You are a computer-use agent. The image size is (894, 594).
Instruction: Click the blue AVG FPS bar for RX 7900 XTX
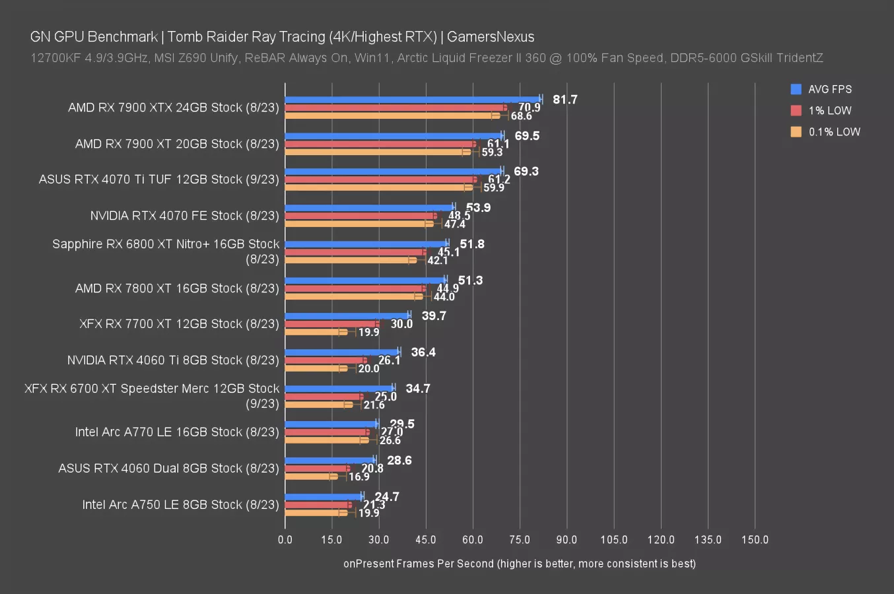pos(413,100)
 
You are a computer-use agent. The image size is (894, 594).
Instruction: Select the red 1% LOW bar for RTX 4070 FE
pos(361,216)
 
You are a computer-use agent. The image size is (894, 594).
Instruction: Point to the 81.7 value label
pos(565,100)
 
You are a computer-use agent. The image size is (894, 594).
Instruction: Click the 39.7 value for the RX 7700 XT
pos(434,316)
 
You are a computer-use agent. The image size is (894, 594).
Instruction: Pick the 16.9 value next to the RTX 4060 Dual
pos(359,477)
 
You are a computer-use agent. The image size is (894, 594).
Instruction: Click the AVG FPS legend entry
pos(829,89)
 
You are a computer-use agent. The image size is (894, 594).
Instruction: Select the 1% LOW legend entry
pos(829,110)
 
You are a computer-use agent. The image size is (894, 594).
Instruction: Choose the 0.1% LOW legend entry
pos(834,131)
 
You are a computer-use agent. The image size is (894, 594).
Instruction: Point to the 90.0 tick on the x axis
pos(567,540)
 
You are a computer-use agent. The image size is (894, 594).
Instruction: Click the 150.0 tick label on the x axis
pos(755,540)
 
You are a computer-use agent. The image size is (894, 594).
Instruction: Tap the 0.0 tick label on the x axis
pos(285,540)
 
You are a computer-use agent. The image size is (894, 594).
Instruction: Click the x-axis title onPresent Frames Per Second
pos(519,564)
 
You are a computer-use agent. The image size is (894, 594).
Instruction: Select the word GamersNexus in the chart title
pos(491,37)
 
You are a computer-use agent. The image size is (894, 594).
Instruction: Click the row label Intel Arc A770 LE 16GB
pos(177,432)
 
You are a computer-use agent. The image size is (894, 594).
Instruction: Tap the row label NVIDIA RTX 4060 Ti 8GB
pos(173,360)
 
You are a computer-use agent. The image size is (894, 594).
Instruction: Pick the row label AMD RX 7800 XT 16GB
pos(177,288)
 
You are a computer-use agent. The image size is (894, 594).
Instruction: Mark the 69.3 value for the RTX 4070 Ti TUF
pos(526,172)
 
